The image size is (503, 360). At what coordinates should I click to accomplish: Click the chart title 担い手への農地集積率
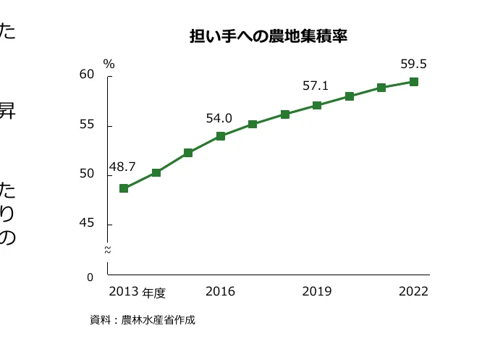click(269, 36)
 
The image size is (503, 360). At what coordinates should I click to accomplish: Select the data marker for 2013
click(124, 188)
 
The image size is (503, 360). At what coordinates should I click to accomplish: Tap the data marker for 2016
click(221, 135)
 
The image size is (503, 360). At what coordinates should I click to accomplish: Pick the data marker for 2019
click(317, 105)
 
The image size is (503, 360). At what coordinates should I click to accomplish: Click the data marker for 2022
click(414, 82)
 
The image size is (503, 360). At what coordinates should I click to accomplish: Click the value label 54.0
click(219, 117)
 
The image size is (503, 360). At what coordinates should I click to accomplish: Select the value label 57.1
click(316, 86)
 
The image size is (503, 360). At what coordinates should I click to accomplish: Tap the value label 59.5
click(413, 64)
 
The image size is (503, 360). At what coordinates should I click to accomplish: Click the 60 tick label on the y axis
click(88, 75)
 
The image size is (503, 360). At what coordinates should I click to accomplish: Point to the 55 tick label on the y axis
click(88, 125)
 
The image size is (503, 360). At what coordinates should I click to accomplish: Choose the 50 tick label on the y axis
click(88, 174)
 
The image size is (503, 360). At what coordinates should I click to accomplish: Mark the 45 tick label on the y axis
click(88, 224)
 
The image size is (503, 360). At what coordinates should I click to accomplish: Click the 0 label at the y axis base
click(90, 277)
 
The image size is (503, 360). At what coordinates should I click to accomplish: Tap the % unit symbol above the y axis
click(109, 64)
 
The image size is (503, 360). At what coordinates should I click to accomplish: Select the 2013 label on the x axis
click(124, 292)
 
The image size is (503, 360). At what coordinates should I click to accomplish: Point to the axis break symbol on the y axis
click(108, 250)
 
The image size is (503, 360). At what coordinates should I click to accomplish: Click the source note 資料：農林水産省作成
click(143, 319)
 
